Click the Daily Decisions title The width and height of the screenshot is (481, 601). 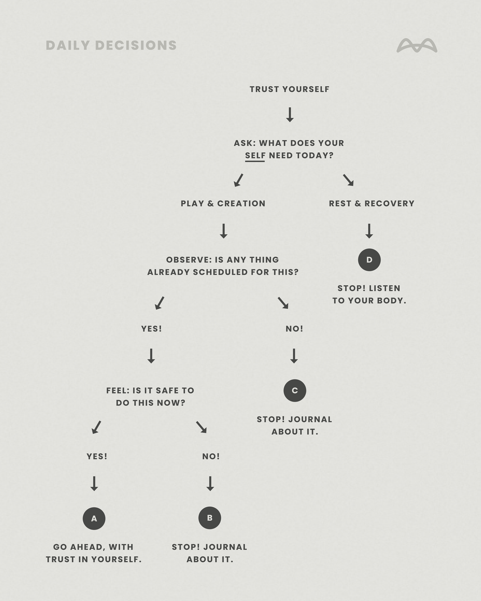coord(111,45)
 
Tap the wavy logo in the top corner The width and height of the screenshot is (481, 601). coord(417,46)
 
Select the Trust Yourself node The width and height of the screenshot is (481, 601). coord(289,89)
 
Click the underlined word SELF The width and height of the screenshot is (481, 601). coord(255,156)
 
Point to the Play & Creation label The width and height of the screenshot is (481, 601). coord(223,203)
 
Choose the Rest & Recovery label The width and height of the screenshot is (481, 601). coord(371,203)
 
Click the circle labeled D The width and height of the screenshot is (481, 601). coord(369,260)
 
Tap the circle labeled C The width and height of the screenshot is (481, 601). coord(295,390)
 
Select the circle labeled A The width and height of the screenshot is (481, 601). coord(94,518)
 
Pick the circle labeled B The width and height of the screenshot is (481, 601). coord(210,518)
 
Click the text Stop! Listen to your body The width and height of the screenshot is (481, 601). coord(369,294)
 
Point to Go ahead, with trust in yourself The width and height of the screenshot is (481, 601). coord(94,553)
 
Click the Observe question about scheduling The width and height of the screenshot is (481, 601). coord(223,266)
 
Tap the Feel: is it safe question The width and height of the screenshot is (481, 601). coord(150,397)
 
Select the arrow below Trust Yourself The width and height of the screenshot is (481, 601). coord(290,114)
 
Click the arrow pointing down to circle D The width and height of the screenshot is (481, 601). coord(369,231)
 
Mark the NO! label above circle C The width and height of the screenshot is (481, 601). coord(294,329)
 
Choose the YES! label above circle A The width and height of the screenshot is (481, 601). coord(97,456)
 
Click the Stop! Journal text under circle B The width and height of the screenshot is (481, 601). coord(210,553)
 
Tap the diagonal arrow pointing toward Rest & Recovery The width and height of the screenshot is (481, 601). coord(348,180)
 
